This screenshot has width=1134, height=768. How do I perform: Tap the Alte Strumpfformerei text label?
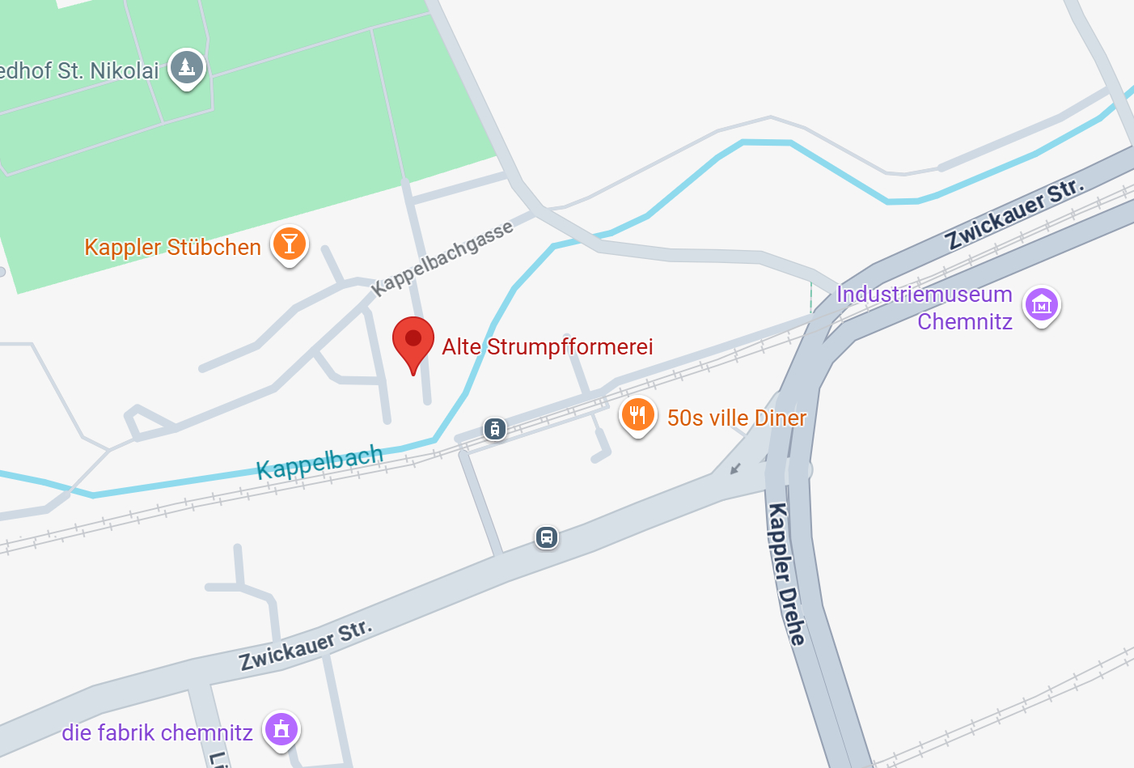pos(548,347)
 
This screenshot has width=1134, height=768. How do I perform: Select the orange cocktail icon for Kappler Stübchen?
pos(290,244)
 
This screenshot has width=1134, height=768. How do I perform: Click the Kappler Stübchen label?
pos(172,247)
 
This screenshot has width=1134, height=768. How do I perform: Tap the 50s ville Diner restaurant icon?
pos(637,416)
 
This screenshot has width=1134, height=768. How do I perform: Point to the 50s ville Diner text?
pos(737,418)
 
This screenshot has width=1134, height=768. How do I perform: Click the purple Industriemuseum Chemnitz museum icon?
pos(1042,305)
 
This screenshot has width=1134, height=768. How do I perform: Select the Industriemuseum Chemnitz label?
pos(925,308)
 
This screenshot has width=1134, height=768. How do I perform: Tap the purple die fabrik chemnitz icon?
pos(281,729)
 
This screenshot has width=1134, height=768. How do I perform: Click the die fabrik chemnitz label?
pos(158,733)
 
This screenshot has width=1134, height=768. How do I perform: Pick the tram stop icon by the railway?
pos(495,429)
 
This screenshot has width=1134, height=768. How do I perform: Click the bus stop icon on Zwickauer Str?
pos(547,537)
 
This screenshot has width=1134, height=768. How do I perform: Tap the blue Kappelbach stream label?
pos(319,461)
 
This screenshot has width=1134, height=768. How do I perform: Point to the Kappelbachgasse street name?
pos(442,257)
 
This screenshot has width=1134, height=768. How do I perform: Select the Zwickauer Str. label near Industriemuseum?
pos(1014,214)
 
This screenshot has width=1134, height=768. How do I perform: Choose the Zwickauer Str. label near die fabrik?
pos(306,646)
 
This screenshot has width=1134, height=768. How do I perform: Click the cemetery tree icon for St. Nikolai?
pos(187,67)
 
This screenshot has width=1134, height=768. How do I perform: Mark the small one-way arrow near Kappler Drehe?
pos(735,468)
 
